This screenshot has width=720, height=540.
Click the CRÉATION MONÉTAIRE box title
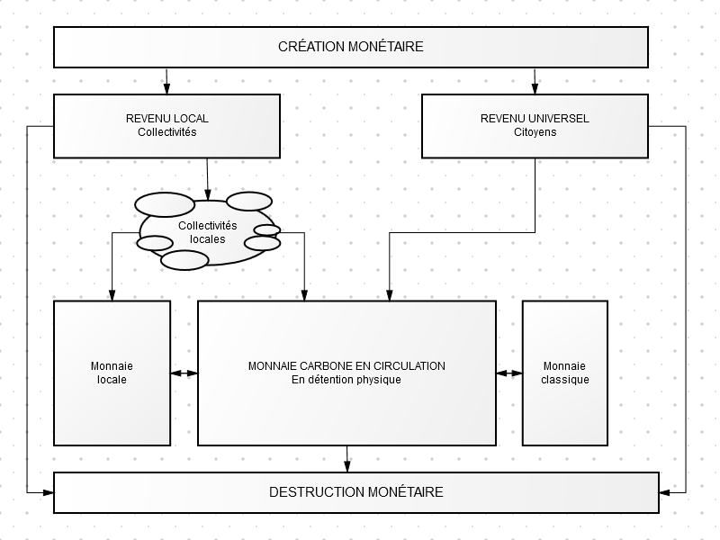pyautogui.click(x=351, y=47)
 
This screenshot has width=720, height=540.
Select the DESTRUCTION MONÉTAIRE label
pyautogui.click(x=356, y=492)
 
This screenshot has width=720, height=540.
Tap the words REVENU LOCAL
pyautogui.click(x=167, y=119)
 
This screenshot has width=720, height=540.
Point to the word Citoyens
pyautogui.click(x=535, y=132)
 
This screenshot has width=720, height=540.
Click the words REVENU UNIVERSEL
pyautogui.click(x=535, y=119)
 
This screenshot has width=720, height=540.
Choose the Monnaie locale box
pyautogui.click(x=112, y=373)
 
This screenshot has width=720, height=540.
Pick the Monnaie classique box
pyautogui.click(x=565, y=373)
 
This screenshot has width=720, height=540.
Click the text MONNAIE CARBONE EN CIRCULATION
pyautogui.click(x=346, y=366)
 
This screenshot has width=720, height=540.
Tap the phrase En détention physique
pyautogui.click(x=346, y=380)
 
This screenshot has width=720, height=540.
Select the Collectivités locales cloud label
pyautogui.click(x=208, y=232)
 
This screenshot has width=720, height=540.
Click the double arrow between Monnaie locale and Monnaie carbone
pyautogui.click(x=184, y=373)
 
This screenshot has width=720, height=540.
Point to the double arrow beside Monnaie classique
pyautogui.click(x=509, y=373)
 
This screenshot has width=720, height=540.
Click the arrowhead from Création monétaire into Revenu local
pyautogui.click(x=166, y=88)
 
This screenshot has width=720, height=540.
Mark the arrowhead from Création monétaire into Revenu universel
pyautogui.click(x=535, y=88)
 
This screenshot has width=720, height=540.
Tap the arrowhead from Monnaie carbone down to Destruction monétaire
pyautogui.click(x=347, y=466)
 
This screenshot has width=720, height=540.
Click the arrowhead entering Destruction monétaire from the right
pyautogui.click(x=665, y=492)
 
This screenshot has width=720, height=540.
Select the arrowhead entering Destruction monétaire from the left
pyautogui.click(x=49, y=492)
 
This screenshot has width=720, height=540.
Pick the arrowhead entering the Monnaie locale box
pyautogui.click(x=112, y=295)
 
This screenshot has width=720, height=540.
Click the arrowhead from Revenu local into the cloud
pyautogui.click(x=208, y=194)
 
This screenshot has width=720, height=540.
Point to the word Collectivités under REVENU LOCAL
pyautogui.click(x=167, y=132)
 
